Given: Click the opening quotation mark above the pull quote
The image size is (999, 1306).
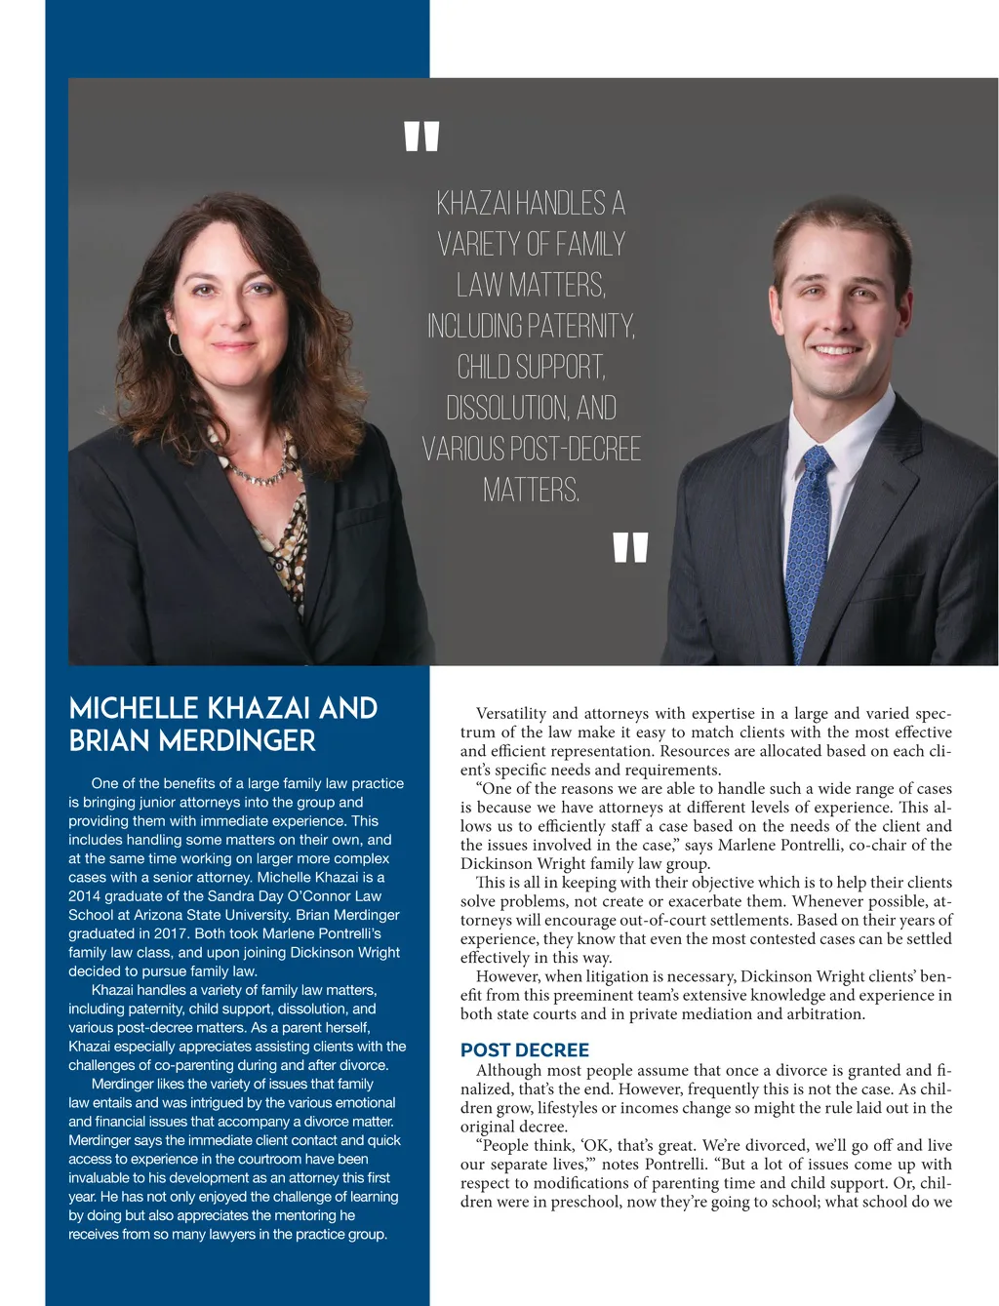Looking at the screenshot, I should pos(421,137).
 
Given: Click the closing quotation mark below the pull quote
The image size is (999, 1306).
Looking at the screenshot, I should pos(630,547).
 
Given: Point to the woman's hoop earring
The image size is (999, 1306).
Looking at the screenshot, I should pos(176,343).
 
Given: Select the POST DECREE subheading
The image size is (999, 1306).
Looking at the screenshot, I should pos(525,1050).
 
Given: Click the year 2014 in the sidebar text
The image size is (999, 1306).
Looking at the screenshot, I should pos(85,896).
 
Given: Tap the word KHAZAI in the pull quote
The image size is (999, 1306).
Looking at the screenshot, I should pos(473,204).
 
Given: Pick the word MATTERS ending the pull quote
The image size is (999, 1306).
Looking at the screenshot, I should pos(530,490).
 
